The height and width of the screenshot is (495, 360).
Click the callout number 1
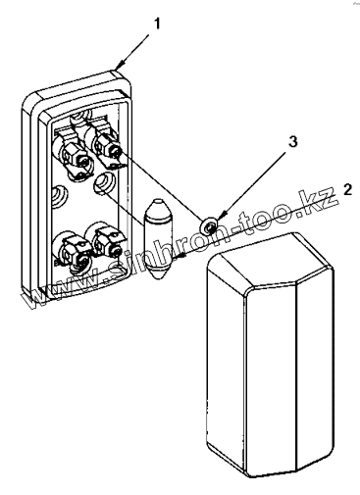pyautogui.click(x=157, y=24)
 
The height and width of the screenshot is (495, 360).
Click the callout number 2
pyautogui.click(x=347, y=189)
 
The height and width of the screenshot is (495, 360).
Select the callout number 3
pyautogui.click(x=292, y=142)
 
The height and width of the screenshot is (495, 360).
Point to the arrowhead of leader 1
pyautogui.click(x=120, y=65)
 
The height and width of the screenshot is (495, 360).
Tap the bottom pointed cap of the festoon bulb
pyautogui.click(x=158, y=272)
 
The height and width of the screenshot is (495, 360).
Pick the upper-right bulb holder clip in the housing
pyautogui.click(x=106, y=146)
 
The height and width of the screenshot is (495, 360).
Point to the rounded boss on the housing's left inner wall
pyautogui.click(x=60, y=195)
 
